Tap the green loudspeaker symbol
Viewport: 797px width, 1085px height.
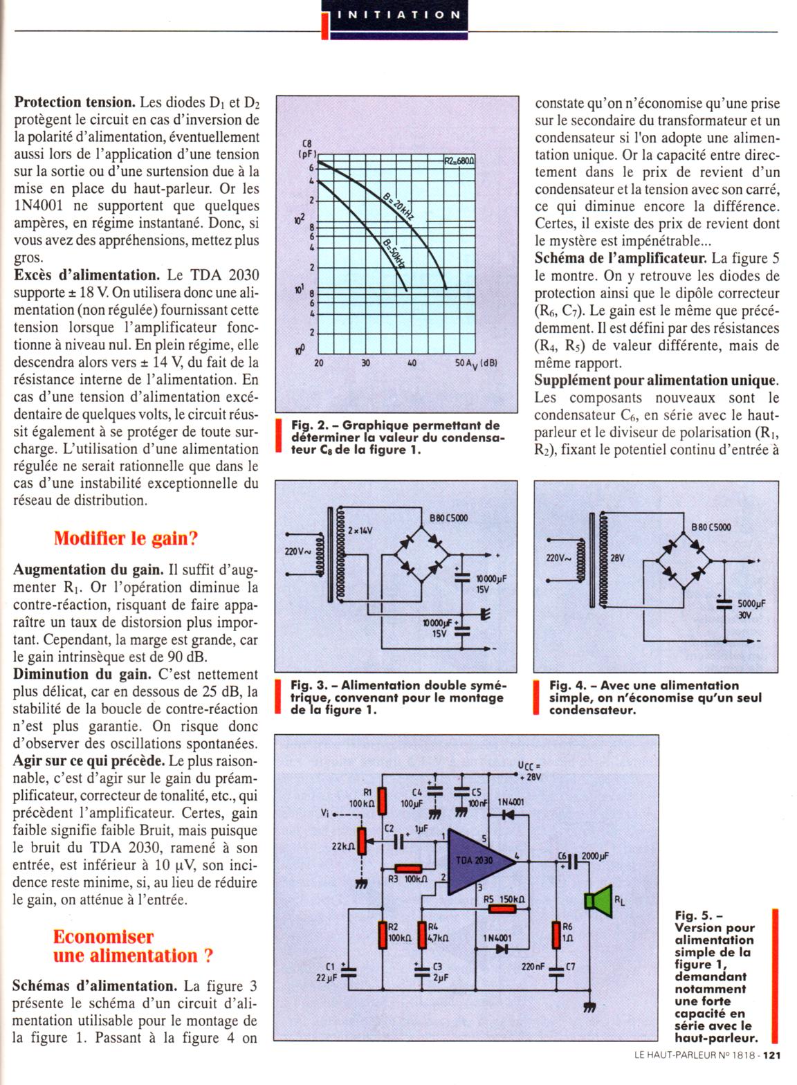(x=596, y=900)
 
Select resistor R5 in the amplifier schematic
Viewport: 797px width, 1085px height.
(x=502, y=909)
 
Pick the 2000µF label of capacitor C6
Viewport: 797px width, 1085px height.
(x=595, y=855)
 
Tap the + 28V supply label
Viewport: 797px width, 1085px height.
(x=532, y=777)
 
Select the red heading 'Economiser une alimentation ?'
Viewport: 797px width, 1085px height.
(x=133, y=946)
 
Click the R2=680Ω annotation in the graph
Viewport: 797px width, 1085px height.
(x=459, y=161)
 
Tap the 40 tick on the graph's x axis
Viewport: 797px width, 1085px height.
(x=412, y=362)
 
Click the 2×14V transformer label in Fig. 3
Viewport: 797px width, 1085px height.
(x=360, y=531)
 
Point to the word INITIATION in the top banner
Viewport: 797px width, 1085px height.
(x=398, y=14)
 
